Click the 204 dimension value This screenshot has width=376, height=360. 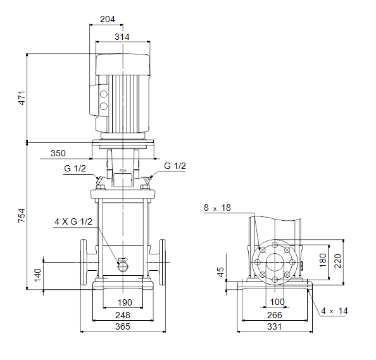[107, 19]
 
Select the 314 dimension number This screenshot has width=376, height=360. [122, 37]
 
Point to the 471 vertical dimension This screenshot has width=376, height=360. [22, 98]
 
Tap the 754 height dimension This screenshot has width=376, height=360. [22, 216]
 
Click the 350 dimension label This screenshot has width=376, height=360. [58, 153]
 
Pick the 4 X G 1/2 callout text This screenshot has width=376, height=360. [73, 221]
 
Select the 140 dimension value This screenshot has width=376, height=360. [37, 275]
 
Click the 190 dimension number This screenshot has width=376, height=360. [125, 302]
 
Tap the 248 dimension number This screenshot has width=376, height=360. [123, 315]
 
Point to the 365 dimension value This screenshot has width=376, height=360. [123, 326]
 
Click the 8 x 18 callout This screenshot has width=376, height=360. [217, 208]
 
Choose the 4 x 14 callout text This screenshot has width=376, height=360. [334, 311]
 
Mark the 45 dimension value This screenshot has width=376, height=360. [220, 272]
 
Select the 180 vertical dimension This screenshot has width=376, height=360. [323, 260]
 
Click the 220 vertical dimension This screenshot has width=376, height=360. [337, 261]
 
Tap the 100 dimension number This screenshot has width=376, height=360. [277, 302]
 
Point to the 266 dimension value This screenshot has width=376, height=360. [275, 315]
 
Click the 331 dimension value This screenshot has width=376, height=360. [275, 326]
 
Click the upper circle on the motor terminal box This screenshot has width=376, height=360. [104, 94]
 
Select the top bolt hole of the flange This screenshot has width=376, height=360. [275, 245]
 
